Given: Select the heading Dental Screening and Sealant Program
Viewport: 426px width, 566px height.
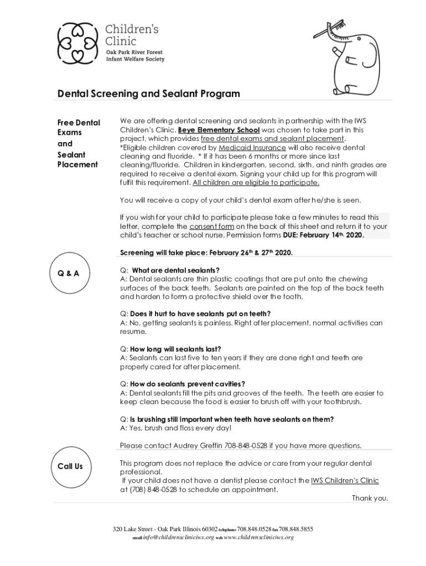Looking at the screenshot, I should [x=149, y=93].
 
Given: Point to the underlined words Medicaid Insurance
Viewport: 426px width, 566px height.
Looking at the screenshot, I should [x=252, y=148].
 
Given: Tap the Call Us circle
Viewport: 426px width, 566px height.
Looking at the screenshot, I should [x=70, y=466].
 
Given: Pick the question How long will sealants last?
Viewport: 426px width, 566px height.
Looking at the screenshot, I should [x=175, y=349].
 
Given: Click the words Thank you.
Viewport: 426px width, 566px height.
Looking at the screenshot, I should [x=370, y=498].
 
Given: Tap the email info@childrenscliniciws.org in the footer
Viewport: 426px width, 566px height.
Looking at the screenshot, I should [x=178, y=537].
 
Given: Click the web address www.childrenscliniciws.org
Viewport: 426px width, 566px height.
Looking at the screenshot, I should [x=258, y=537].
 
